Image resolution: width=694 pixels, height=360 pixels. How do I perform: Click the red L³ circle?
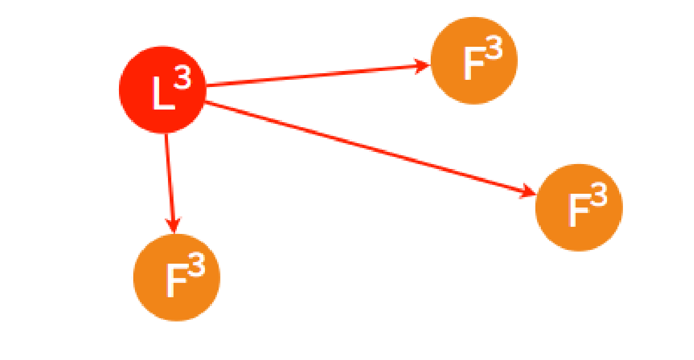(x=162, y=90)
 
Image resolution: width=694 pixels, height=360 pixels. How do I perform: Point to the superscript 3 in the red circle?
(x=182, y=79)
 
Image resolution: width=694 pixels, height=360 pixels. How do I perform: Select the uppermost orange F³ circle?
(x=474, y=61)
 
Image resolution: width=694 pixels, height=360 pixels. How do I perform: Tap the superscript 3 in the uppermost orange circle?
(x=494, y=51)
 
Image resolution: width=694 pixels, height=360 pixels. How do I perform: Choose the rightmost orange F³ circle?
(x=579, y=208)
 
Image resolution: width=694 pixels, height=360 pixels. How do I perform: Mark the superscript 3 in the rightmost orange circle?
(x=598, y=196)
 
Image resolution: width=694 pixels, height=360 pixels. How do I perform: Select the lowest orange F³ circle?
(x=176, y=277)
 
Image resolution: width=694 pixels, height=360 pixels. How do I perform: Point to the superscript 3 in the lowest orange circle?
(x=196, y=267)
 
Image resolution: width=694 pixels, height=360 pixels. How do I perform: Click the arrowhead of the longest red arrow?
(x=529, y=192)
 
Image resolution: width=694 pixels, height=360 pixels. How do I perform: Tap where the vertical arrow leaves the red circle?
(x=166, y=133)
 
